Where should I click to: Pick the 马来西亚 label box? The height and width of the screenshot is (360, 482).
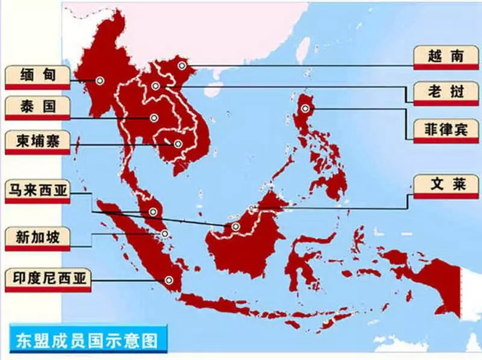tap(37, 191)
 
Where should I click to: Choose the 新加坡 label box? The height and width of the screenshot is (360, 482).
tap(37, 237)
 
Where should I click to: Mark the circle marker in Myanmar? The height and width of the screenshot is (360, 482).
tap(99, 80)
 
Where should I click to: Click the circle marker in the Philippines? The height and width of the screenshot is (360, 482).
tap(305, 109)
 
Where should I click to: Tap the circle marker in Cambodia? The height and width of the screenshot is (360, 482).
tap(178, 144)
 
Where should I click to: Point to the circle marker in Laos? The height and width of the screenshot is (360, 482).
tap(156, 86)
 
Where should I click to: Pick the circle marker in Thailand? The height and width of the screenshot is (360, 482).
tap(154, 118)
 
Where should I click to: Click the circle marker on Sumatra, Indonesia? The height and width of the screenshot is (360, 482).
tap(169, 279)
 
